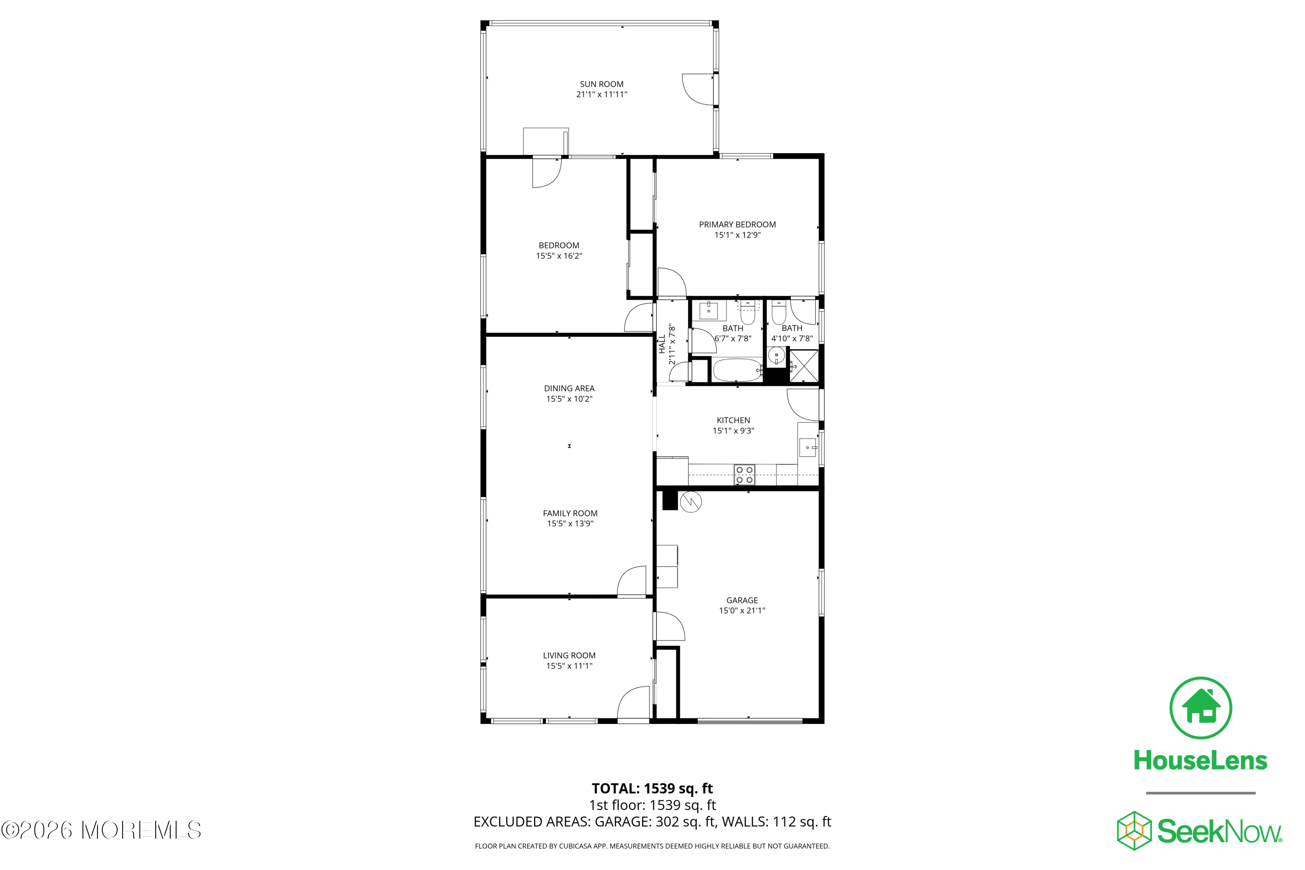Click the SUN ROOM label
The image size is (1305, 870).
602,84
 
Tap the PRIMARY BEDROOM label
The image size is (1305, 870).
737,225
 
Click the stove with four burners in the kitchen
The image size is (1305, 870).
744,475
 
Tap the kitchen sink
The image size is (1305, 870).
808,447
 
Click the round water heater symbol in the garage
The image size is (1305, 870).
691,502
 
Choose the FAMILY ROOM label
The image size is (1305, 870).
570,513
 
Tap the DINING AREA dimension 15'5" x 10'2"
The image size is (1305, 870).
569,399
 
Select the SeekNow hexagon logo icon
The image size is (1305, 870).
1134,830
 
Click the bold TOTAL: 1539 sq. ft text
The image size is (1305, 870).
652,788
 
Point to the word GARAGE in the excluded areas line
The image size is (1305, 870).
620,822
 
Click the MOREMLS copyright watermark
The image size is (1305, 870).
101,830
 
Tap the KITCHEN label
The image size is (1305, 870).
733,421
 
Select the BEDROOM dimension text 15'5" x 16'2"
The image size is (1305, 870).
559,256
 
